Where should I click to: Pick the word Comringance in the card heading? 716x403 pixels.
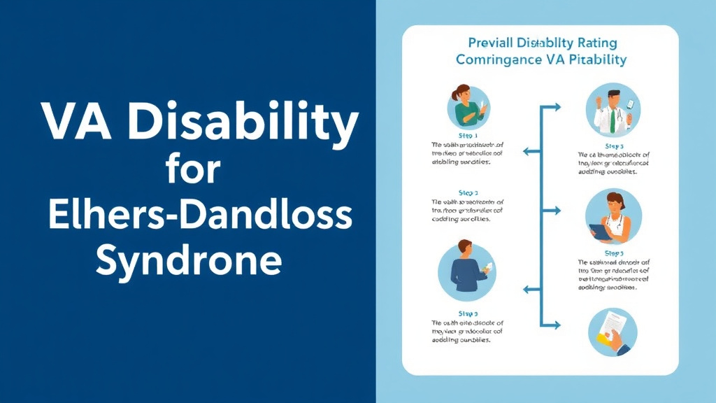[x=494, y=60]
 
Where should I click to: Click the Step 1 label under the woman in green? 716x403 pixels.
[x=468, y=136]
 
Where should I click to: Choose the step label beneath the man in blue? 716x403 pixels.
[x=468, y=314]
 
